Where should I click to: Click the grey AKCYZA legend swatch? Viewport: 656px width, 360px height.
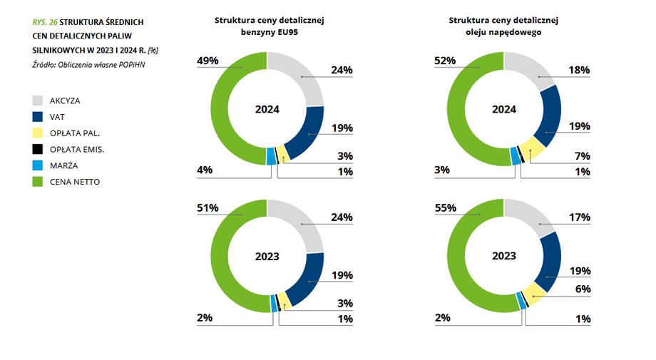pyautogui.click(x=37, y=101)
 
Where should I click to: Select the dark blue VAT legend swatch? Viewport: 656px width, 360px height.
pyautogui.click(x=37, y=117)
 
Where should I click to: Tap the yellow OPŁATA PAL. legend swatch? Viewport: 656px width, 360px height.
pyautogui.click(x=37, y=133)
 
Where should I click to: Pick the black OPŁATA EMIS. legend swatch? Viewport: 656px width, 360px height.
pyautogui.click(x=37, y=150)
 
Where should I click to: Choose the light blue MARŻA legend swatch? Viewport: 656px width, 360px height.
pyautogui.click(x=37, y=165)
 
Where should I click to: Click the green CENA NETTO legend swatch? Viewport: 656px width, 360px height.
pyautogui.click(x=37, y=182)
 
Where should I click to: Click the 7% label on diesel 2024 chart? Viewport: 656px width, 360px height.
pyautogui.click(x=583, y=156)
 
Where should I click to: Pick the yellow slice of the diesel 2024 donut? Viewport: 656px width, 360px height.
pyautogui.click(x=532, y=148)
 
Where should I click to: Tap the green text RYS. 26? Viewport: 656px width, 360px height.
pyautogui.click(x=45, y=22)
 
